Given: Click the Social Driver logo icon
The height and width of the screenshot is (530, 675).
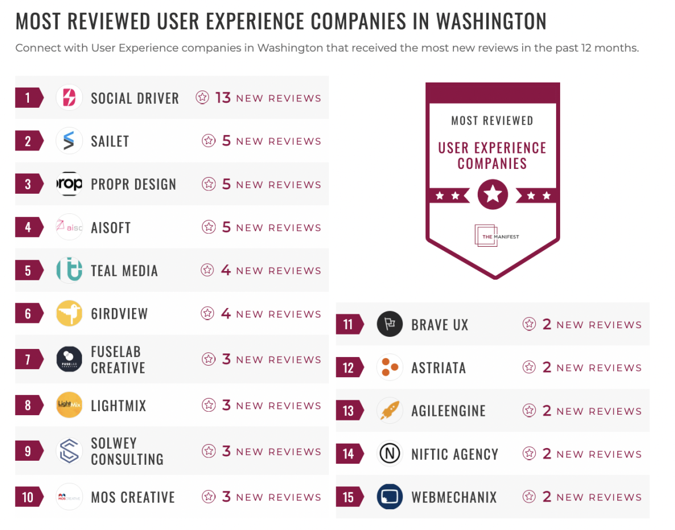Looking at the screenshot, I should pyautogui.click(x=69, y=97).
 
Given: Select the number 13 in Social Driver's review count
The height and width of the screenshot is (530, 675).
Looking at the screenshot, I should pyautogui.click(x=223, y=97).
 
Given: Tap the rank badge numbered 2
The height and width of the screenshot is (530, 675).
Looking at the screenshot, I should pyautogui.click(x=28, y=141).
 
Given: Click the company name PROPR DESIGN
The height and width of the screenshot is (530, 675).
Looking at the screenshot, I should pyautogui.click(x=133, y=185).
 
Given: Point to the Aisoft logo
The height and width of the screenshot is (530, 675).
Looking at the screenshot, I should pyautogui.click(x=69, y=227).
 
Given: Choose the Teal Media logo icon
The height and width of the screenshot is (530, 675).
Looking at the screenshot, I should pyautogui.click(x=69, y=270).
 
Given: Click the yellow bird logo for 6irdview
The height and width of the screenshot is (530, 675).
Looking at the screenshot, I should pyautogui.click(x=69, y=314).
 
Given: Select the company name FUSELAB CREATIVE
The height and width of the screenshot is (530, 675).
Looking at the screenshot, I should pyautogui.click(x=118, y=360).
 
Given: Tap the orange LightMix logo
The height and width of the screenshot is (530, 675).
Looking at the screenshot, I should pyautogui.click(x=69, y=405).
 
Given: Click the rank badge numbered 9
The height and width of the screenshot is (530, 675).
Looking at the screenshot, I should pyautogui.click(x=28, y=451).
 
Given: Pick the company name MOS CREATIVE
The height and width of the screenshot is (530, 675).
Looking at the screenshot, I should pyautogui.click(x=133, y=497).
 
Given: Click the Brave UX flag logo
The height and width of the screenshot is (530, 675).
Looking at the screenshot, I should pyautogui.click(x=389, y=324).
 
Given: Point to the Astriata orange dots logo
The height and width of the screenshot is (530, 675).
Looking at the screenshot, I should pyautogui.click(x=389, y=367).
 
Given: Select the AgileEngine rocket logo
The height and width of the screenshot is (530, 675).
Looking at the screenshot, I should pyautogui.click(x=389, y=411).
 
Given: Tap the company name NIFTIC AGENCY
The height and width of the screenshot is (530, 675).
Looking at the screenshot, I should pyautogui.click(x=454, y=454).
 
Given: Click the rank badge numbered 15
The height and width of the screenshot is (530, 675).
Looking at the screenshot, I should pyautogui.click(x=348, y=497).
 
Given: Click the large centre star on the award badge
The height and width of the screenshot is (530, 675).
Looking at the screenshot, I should pyautogui.click(x=493, y=194).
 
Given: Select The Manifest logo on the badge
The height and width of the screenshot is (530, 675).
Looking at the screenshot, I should pyautogui.click(x=492, y=236).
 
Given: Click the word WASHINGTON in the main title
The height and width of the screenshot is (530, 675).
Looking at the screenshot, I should pyautogui.click(x=491, y=22).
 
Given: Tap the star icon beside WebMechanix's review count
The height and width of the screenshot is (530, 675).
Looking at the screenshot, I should pyautogui.click(x=529, y=497).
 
